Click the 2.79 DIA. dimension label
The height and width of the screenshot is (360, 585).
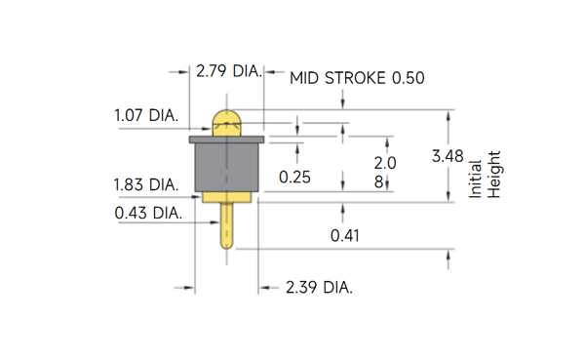pyautogui.click(x=229, y=71)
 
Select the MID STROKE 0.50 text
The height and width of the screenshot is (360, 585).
pyautogui.click(x=357, y=78)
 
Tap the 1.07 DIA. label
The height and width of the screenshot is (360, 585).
pyautogui.click(x=146, y=115)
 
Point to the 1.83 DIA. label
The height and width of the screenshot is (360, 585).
pyautogui.click(x=146, y=184)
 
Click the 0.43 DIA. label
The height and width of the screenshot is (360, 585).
pyautogui.click(x=148, y=214)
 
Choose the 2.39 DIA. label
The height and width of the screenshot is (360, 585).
pyautogui.click(x=319, y=288)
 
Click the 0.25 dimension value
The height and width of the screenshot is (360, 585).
pyautogui.click(x=294, y=177)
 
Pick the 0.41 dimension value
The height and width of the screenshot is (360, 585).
pyautogui.click(x=345, y=236)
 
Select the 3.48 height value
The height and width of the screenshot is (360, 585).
pyautogui.click(x=448, y=156)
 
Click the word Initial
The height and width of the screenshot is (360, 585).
pyautogui.click(x=475, y=180)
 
